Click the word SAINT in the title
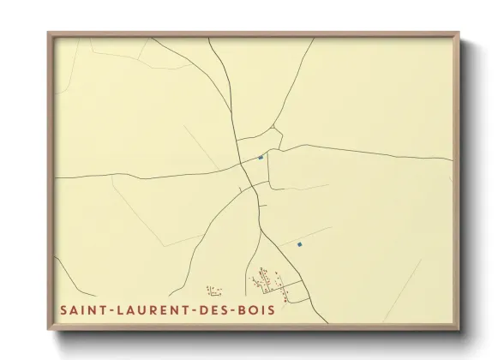(82, 310)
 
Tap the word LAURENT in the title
(151, 310)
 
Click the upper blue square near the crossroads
(261, 157)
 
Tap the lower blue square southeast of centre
(300, 244)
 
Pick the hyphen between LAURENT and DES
(192, 310)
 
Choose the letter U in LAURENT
(141, 310)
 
